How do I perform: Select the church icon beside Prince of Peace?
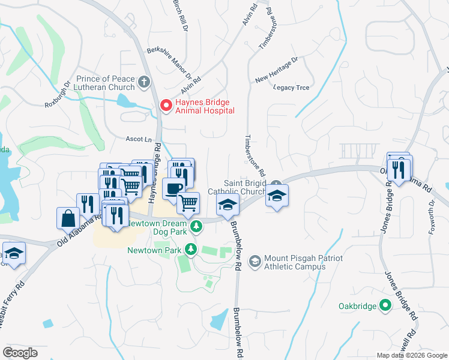pyautogui.click(x=143, y=80)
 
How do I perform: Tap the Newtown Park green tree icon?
pyautogui.click(x=190, y=248)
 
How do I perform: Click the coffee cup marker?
pyautogui.click(x=173, y=188)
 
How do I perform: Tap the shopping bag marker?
pyautogui.click(x=67, y=217)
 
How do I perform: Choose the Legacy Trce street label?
pyautogui.click(x=291, y=88)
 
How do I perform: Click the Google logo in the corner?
pyautogui.click(x=20, y=352)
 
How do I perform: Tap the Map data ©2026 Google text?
pyautogui.click(x=411, y=355)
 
